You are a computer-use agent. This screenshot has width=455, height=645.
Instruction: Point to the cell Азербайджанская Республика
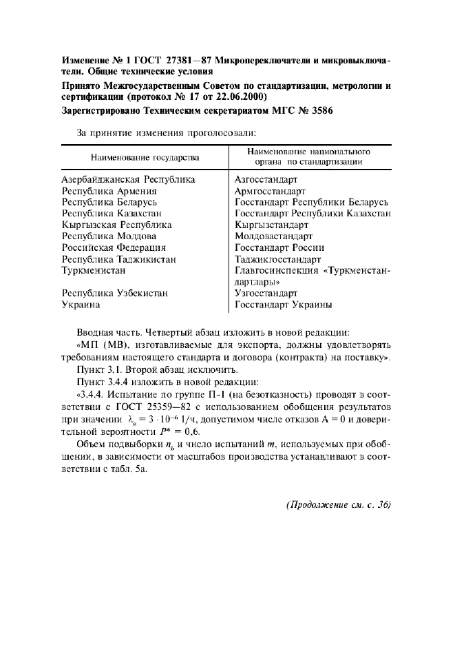click(129, 179)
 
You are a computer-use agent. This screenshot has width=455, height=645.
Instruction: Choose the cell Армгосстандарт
click(270, 191)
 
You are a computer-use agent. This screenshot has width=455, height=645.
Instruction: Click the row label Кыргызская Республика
click(117, 225)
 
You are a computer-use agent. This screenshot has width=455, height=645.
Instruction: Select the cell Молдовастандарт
click(273, 236)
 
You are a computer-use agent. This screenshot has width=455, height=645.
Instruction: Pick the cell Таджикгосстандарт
click(277, 259)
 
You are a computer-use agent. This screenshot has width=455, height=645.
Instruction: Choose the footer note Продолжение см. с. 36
click(338, 504)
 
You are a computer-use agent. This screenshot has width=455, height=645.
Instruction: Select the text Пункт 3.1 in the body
click(97, 369)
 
